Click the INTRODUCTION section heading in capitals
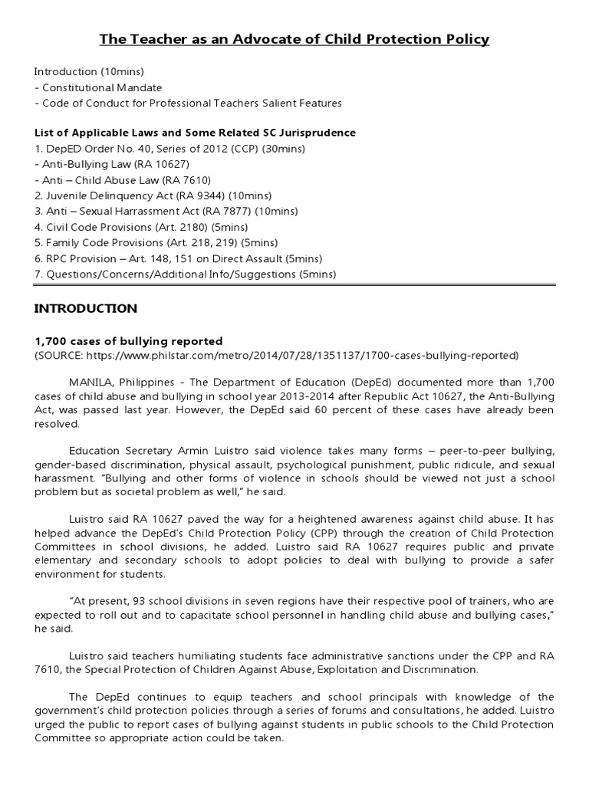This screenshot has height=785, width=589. click(85, 309)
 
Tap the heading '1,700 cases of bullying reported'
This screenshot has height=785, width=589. click(128, 341)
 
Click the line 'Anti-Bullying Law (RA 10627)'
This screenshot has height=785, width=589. click(112, 164)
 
